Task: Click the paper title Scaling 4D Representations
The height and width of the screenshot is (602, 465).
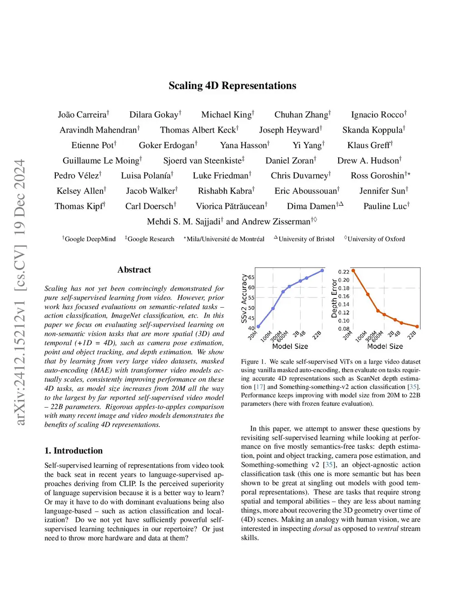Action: (x=232, y=86)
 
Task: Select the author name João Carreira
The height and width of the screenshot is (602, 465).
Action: (x=82, y=115)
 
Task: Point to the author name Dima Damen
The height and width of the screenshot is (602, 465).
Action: (x=311, y=206)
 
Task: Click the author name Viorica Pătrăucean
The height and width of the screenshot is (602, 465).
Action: (x=230, y=206)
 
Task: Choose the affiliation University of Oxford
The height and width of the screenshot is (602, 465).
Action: (x=376, y=239)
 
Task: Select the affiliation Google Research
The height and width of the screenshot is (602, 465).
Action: (x=151, y=239)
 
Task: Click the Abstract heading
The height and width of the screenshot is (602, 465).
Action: (x=134, y=270)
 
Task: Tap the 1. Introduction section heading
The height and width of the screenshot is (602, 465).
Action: (x=74, y=451)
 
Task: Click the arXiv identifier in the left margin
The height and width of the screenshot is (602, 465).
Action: (x=20, y=292)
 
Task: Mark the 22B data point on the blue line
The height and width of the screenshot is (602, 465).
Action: (x=322, y=271)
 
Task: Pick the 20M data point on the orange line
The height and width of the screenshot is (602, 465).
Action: (x=353, y=271)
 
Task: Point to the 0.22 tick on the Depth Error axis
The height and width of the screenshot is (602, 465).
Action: (x=344, y=272)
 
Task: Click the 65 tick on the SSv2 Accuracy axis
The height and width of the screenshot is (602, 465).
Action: (x=251, y=277)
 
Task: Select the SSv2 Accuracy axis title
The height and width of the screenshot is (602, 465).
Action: (x=244, y=298)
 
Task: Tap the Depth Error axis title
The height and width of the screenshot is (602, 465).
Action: (x=335, y=299)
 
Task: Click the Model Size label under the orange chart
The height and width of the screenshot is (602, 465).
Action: (x=385, y=347)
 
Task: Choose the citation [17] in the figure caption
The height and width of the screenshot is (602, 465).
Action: (x=259, y=387)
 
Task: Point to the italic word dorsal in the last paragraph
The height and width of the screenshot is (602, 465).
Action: (x=322, y=528)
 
